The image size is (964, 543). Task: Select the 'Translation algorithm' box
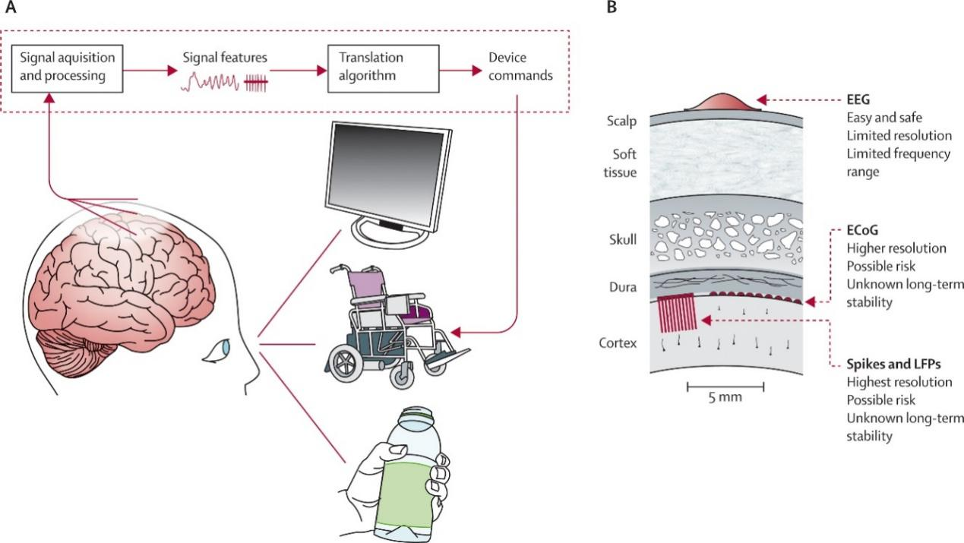[374, 68]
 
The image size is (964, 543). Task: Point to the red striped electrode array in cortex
[675, 313]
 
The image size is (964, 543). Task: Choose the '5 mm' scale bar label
[725, 397]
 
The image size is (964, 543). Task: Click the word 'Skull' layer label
[622, 240]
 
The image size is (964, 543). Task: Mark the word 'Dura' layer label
[623, 287]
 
